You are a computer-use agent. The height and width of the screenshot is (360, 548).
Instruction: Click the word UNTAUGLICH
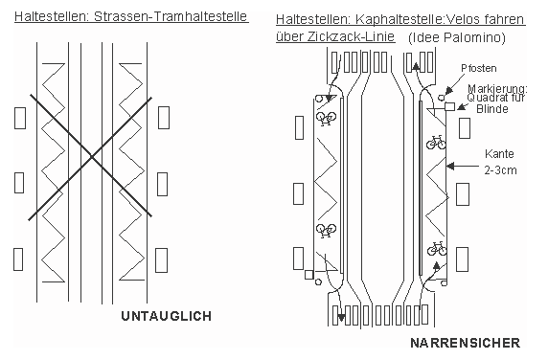click(x=167, y=315)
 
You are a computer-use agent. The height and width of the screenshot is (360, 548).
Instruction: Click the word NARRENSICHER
click(x=465, y=342)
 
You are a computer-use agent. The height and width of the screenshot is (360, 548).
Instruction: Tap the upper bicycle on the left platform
click(x=325, y=119)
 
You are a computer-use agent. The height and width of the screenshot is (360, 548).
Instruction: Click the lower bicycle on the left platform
click(x=325, y=230)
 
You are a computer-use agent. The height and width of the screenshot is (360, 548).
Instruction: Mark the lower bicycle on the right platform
click(x=437, y=248)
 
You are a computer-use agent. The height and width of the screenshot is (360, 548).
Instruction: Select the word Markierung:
click(x=493, y=88)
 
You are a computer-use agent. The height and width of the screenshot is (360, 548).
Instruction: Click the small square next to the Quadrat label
click(x=448, y=108)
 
